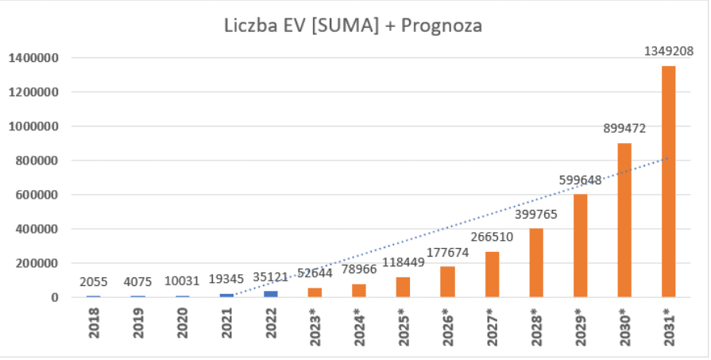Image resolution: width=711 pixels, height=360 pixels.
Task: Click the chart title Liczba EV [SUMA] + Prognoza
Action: (x=354, y=25)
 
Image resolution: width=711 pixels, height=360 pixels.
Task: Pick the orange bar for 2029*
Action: (x=579, y=246)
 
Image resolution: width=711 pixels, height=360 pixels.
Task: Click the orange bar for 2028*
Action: (x=535, y=263)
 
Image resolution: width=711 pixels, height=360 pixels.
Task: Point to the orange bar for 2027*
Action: (x=492, y=274)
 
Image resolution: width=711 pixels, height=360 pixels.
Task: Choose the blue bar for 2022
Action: (x=271, y=294)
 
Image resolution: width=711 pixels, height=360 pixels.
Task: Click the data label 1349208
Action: (x=668, y=52)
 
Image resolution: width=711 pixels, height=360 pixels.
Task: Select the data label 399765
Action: (x=535, y=215)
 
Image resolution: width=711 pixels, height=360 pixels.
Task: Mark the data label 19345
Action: (x=226, y=279)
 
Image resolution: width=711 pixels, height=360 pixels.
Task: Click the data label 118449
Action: (x=404, y=263)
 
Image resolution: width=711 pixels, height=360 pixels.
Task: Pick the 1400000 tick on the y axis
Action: (x=34, y=58)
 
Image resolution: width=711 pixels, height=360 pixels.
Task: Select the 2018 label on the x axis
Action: (x=95, y=327)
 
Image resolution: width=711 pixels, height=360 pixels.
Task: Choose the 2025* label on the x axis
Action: (x=404, y=328)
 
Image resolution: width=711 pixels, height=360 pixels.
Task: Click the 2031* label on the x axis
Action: (x=669, y=328)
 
